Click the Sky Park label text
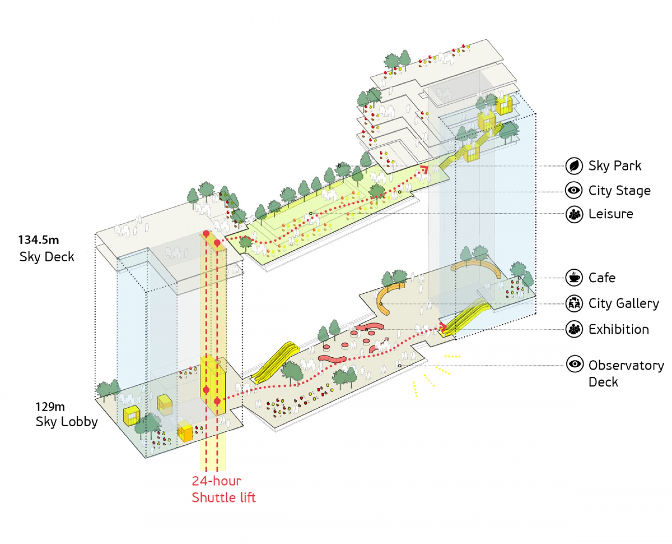615,166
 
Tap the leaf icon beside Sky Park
574,166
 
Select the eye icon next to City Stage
574,190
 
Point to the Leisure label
611,214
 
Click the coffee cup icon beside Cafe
574,278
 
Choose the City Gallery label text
624,303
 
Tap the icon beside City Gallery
574,303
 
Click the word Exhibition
619,329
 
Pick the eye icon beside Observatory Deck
575,364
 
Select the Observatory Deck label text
626,373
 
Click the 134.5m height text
39,240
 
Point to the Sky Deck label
47,257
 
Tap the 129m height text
50,407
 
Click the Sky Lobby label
67,422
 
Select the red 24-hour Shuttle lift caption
223,489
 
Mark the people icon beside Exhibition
574,329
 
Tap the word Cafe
602,278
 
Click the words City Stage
620,191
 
